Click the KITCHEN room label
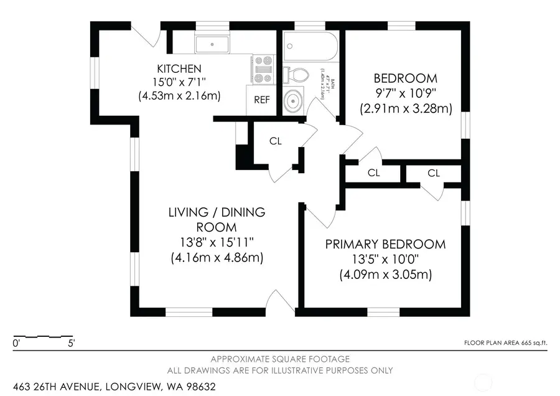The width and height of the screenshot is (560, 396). click(x=179, y=68)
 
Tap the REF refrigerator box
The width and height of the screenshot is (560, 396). click(x=260, y=100)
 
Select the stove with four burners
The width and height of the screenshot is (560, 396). click(x=263, y=68)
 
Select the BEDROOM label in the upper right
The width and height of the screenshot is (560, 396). click(x=405, y=78)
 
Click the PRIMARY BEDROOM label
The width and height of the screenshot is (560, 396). click(x=385, y=244)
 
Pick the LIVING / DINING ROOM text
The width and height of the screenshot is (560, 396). click(x=217, y=219)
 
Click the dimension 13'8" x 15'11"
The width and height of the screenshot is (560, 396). click(x=217, y=242)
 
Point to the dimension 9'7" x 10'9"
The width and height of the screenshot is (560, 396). click(x=405, y=93)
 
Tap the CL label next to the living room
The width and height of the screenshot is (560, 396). click(x=276, y=141)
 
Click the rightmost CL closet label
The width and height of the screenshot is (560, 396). click(x=434, y=173)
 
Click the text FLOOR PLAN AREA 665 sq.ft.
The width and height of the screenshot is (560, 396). click(x=505, y=342)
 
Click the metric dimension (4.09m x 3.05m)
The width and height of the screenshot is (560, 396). click(x=385, y=274)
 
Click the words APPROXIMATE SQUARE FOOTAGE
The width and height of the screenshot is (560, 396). click(x=279, y=359)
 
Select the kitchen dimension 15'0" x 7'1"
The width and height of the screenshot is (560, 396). click(x=179, y=82)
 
